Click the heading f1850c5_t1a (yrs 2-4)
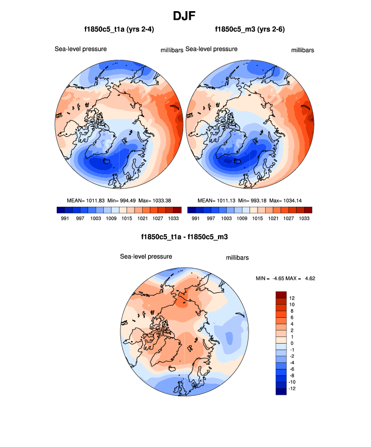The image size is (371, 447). click(119, 30)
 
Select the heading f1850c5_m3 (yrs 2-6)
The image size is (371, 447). click(250, 30)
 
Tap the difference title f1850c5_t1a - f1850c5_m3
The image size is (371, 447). click(185, 237)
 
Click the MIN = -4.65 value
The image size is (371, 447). click(271, 278)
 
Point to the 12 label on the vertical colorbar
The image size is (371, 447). click(292, 298)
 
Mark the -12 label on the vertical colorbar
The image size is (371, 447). click(293, 389)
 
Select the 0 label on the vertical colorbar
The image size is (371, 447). click(291, 343)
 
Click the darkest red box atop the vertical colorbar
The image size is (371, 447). click(281, 295)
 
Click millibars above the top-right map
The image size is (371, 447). click(303, 50)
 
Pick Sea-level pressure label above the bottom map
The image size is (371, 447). click(146, 256)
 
